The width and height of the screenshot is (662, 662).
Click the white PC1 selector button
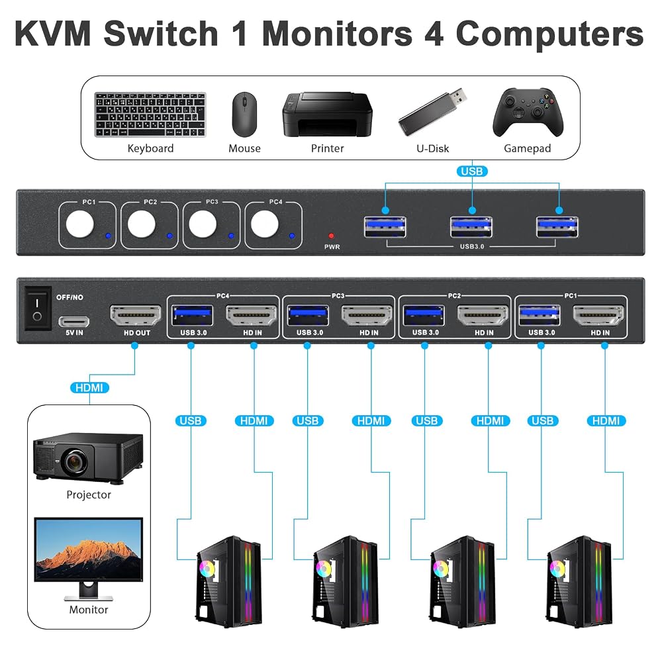(x=80, y=224)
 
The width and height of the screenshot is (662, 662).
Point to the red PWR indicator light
(x=332, y=236)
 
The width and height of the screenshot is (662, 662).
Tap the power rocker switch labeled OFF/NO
(x=38, y=308)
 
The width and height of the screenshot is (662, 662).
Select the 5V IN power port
(x=74, y=322)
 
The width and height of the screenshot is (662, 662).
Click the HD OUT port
(x=136, y=315)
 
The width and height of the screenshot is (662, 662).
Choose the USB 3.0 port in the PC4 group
(x=193, y=315)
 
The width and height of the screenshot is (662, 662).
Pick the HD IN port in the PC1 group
(x=598, y=315)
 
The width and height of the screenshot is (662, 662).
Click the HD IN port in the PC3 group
(x=367, y=315)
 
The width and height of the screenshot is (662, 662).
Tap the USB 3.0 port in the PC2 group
(x=424, y=315)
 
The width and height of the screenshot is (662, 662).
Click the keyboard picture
(x=150, y=115)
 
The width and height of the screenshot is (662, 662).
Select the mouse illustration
(x=244, y=115)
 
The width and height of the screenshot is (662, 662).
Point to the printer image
(x=327, y=115)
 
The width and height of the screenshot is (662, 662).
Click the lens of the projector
(x=74, y=460)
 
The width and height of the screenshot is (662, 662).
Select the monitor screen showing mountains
(x=89, y=550)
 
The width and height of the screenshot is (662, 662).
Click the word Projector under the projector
(x=89, y=495)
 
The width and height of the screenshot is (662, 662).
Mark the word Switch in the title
(x=161, y=34)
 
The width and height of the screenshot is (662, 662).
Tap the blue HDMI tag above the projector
(x=89, y=387)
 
